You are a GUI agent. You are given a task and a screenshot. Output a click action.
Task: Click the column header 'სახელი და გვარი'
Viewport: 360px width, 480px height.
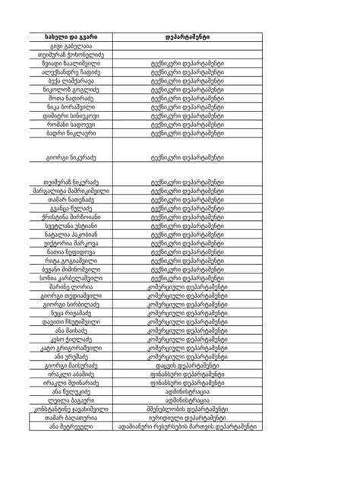(x=72, y=36)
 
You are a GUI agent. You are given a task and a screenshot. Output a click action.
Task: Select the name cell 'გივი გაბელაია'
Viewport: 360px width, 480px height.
(x=72, y=46)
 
